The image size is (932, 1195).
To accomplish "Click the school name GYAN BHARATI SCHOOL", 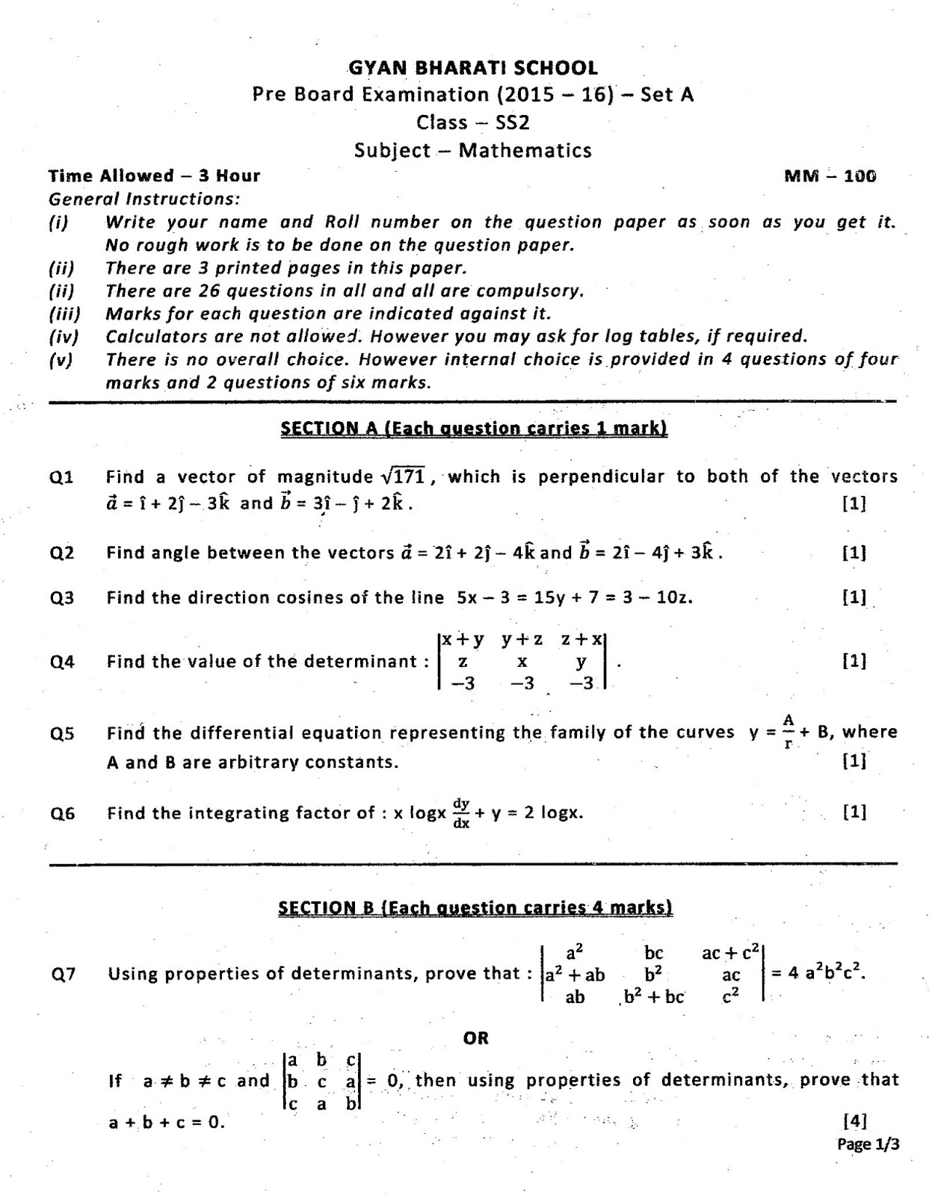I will point(473,68).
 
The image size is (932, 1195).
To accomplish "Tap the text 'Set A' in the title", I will point(667,95).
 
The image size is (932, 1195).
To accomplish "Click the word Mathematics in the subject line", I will point(525,150).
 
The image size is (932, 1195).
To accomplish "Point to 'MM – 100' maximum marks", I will point(830,176).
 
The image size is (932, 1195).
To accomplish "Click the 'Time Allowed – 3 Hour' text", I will point(154,176).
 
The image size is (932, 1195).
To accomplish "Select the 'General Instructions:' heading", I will point(144,199).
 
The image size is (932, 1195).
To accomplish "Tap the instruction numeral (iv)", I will point(64,337).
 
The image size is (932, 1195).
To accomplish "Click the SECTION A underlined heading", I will point(473,428).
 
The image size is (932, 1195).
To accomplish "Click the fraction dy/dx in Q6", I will point(461,813).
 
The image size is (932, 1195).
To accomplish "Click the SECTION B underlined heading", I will point(475,907).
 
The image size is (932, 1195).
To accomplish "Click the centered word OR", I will point(475,1037).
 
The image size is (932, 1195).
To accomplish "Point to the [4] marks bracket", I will point(854,1120).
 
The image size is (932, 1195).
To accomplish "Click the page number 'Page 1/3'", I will point(868,1143).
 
